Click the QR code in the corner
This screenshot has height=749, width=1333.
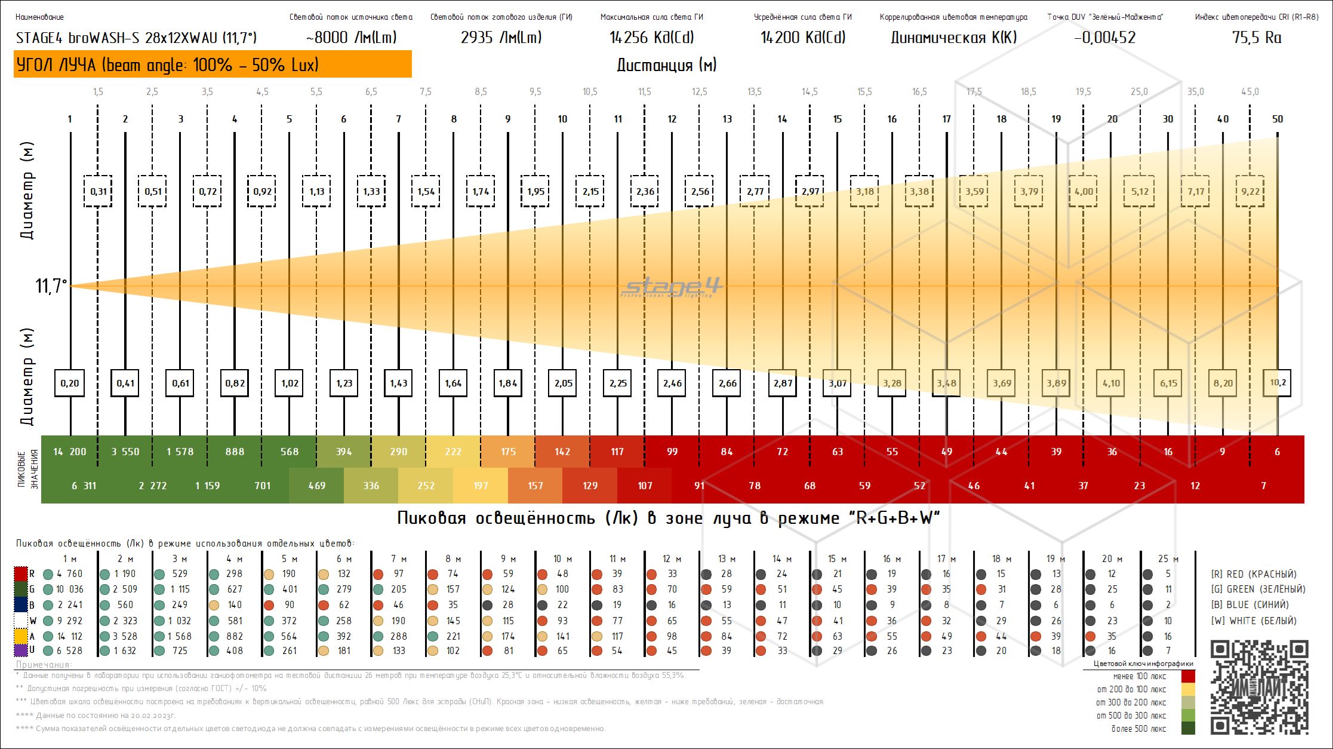point(1260,687)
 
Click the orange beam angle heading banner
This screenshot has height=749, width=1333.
point(213,64)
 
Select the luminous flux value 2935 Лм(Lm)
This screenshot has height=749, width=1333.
point(501,38)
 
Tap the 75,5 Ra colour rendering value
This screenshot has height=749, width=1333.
point(1256,38)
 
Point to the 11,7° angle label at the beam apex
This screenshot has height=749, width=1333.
point(51,286)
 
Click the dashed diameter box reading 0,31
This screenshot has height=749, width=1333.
point(98,191)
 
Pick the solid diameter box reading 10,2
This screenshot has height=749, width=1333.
point(1277,383)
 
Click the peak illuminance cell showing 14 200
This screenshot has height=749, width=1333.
point(70,452)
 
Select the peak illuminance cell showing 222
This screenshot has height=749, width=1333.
point(453,452)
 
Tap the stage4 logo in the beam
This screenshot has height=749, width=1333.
point(672,287)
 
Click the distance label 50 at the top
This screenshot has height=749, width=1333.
point(1277,119)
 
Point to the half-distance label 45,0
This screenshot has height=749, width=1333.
point(1249,91)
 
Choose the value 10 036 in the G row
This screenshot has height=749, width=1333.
point(70,589)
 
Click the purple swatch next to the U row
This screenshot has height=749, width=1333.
point(21,650)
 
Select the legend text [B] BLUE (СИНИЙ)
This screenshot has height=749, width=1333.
point(1249,604)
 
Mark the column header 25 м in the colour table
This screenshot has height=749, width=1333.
point(1168,558)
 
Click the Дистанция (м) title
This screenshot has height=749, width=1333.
point(666,65)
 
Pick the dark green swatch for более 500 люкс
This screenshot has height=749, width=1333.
point(1188,728)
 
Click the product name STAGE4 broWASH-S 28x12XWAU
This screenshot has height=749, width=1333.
point(136,38)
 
